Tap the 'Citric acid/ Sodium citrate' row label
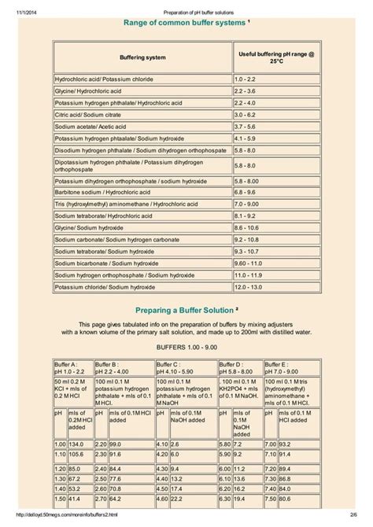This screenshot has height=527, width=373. tap(87, 113)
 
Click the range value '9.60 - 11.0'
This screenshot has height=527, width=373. tap(249, 263)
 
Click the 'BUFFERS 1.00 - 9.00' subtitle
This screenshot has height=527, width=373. tap(186, 347)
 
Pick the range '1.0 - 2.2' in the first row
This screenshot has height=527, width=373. tap(245, 79)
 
